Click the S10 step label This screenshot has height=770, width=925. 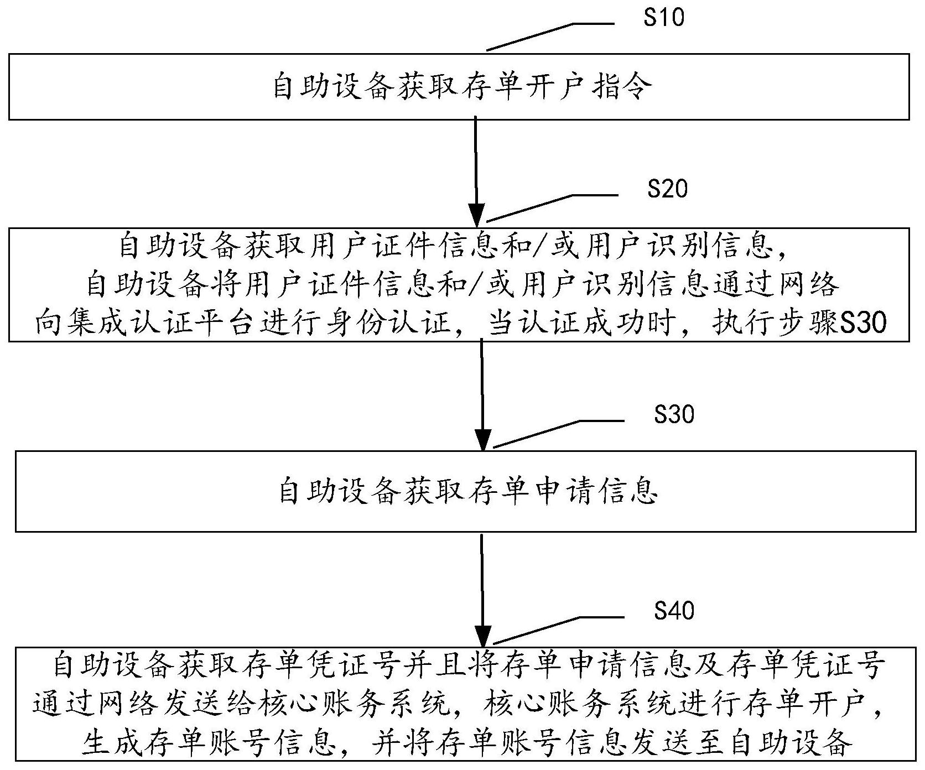click(x=664, y=18)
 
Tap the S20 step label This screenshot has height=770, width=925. click(x=668, y=189)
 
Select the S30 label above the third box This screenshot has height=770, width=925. click(x=674, y=414)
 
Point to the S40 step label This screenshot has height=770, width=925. click(x=674, y=611)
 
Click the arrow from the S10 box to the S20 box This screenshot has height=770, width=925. click(x=476, y=169)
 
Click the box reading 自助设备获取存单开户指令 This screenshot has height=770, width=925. click(x=459, y=87)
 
